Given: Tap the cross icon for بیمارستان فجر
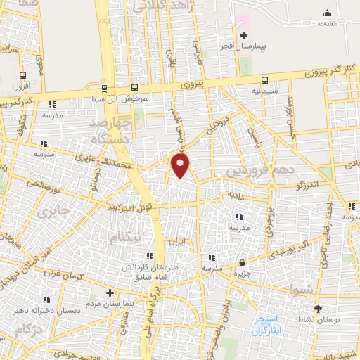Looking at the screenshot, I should point(243,35).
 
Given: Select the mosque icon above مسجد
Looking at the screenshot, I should point(326,13).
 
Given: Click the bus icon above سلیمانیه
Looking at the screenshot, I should point(264,80).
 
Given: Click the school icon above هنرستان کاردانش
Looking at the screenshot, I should point(149,256).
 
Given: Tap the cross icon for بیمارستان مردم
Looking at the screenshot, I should point(110,292).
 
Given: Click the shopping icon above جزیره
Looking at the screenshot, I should point(243,262).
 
